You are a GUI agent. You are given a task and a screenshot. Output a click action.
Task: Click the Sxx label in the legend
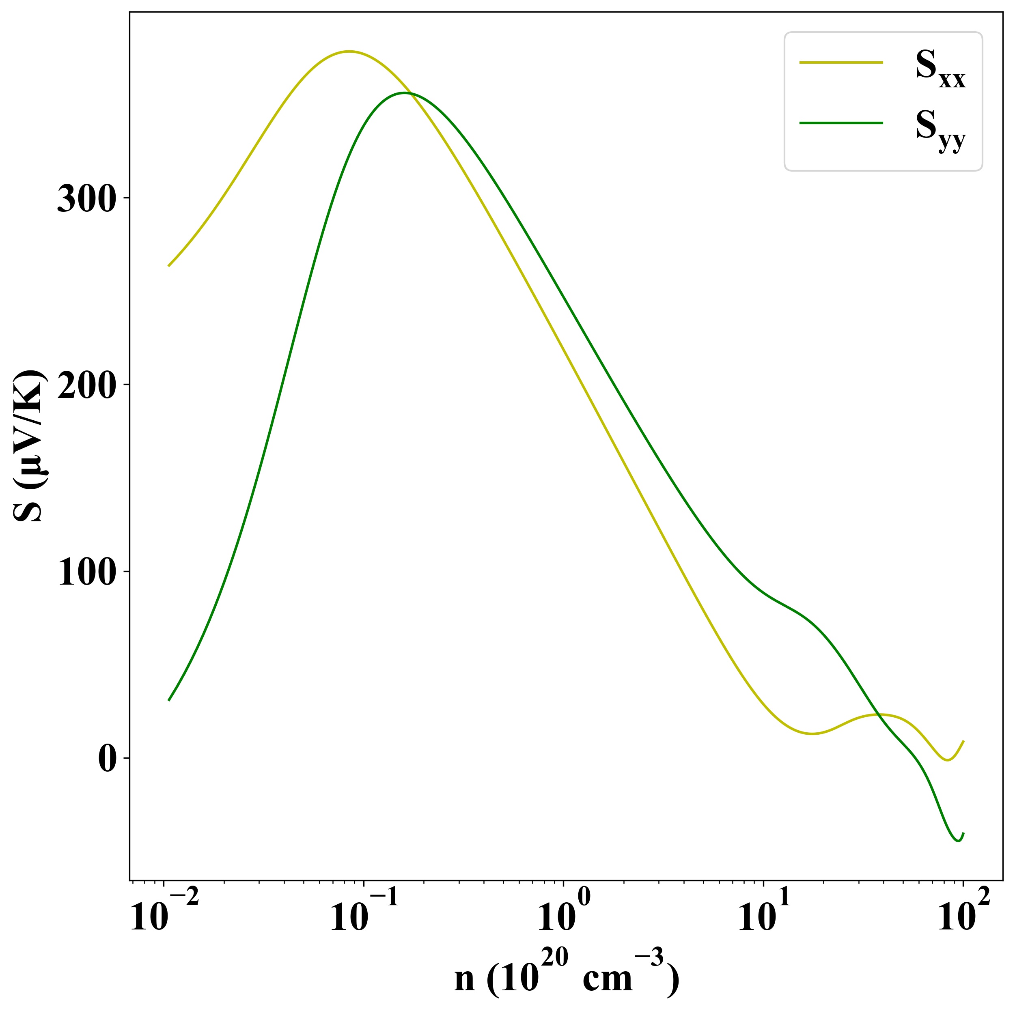pos(940,70)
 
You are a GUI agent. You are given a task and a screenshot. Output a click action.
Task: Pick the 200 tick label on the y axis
pos(86,387)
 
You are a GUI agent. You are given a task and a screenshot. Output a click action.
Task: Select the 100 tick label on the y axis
pos(86,574)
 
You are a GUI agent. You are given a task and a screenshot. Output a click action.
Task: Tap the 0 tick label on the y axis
pos(107,760)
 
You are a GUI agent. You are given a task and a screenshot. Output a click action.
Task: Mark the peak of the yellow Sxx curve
pos(348,52)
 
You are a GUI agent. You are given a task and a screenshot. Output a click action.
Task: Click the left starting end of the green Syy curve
pos(169,700)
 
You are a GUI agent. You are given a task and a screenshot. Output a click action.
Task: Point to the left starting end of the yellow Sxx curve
pos(169,266)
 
